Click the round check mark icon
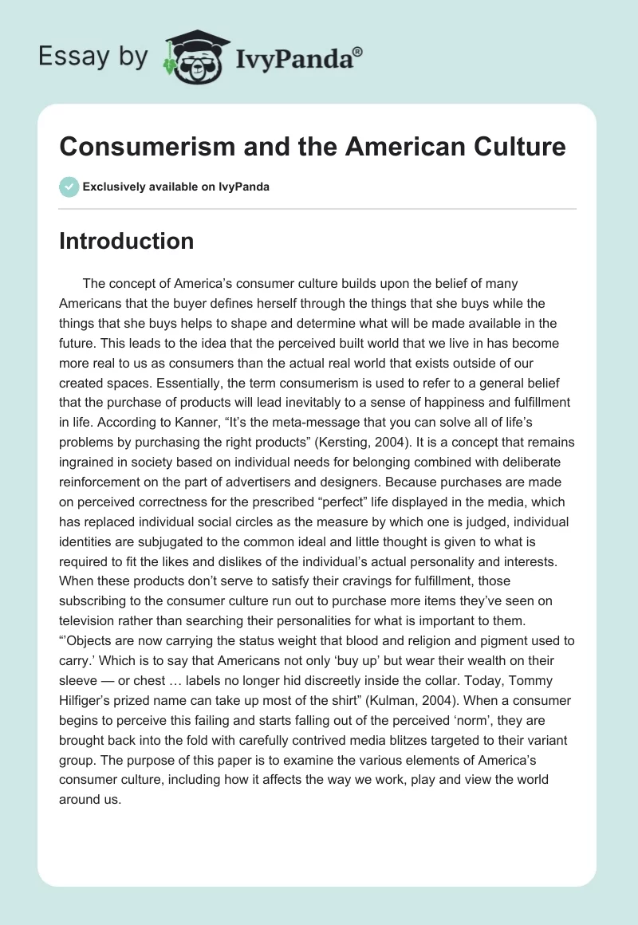point(69,187)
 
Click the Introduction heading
point(126,241)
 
